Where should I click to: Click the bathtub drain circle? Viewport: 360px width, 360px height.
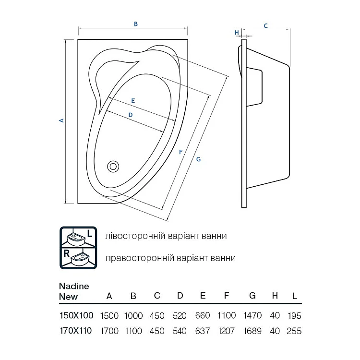113,167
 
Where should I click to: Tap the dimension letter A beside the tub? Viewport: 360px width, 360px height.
61,120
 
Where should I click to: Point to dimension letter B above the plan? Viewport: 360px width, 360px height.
136,24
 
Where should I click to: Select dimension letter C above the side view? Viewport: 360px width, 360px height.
265,26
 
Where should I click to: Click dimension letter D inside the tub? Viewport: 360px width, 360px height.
131,115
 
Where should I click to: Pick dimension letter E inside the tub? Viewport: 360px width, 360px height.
133,101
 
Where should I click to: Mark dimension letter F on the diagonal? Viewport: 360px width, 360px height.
181,152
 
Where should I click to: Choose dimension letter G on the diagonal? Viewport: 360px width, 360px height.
198,159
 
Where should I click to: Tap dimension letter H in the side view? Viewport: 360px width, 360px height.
237,33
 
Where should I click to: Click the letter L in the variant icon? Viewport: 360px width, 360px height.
90,233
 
